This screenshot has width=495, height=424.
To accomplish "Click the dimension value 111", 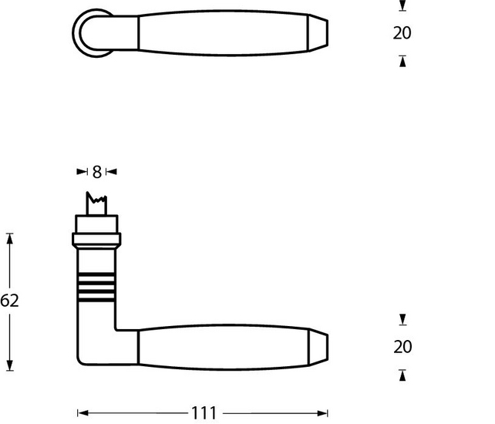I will (204, 412).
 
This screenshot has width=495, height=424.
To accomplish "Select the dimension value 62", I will (9, 301).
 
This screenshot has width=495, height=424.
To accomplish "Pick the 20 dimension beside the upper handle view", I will (402, 33).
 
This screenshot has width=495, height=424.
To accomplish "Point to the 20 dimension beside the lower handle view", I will (402, 347).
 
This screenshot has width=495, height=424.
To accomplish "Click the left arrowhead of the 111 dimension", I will (82, 412).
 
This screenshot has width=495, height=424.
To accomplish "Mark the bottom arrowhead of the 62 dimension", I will (10, 365).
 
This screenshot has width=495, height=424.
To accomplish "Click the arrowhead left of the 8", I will (82, 171).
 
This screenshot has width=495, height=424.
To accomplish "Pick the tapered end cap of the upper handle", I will (318, 33).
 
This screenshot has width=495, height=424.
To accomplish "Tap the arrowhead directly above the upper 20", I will (402, 7).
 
